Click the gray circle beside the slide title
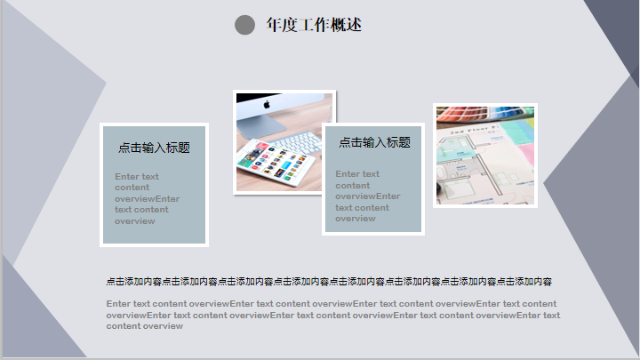click(245, 25)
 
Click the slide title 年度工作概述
click(314, 25)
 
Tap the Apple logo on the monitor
click(267, 105)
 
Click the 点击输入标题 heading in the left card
click(154, 148)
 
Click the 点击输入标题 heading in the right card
click(375, 142)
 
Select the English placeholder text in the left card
click(147, 199)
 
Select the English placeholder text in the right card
click(368, 196)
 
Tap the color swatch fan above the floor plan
click(485, 113)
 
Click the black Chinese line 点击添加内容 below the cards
click(329, 281)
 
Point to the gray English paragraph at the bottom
click(333, 315)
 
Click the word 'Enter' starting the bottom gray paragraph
click(118, 304)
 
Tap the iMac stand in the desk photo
click(261, 125)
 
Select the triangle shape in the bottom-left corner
click(33, 318)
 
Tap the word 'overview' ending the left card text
click(135, 221)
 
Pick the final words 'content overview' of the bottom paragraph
click(145, 326)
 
